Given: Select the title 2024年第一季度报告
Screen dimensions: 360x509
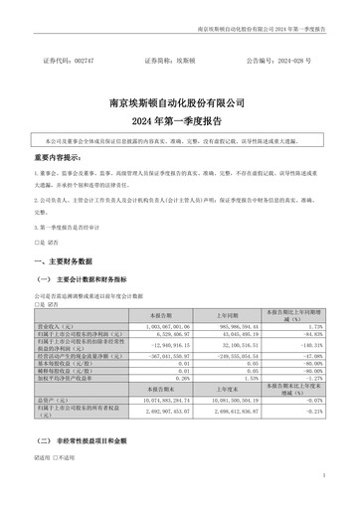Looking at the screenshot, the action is coord(179,119).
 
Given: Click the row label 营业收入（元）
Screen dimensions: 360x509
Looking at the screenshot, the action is coord(60,325).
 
